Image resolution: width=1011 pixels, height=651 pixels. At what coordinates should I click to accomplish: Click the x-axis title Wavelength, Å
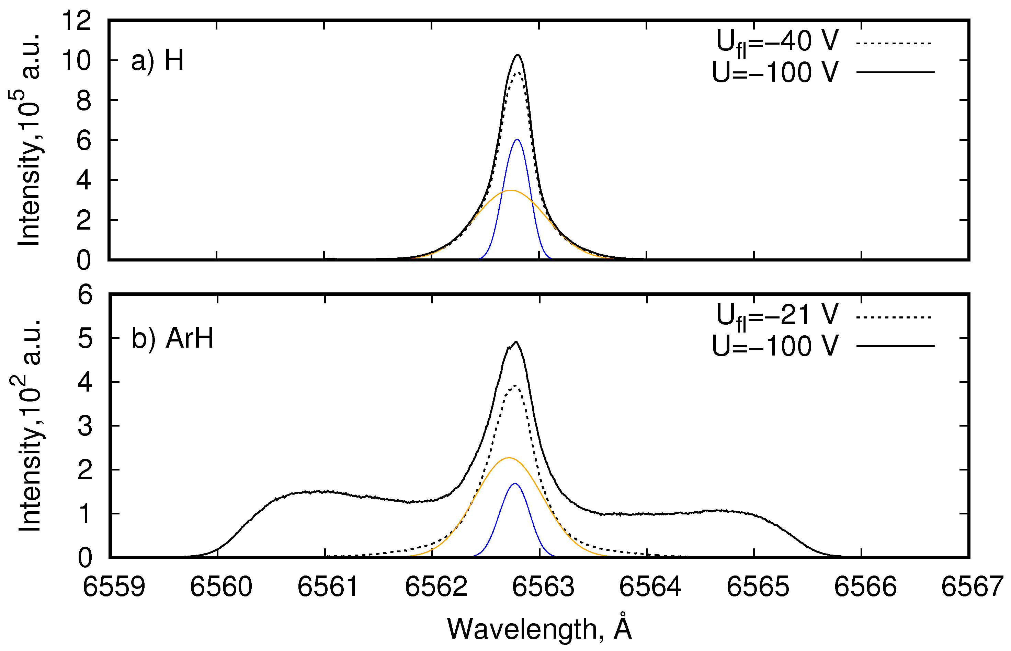click(539, 629)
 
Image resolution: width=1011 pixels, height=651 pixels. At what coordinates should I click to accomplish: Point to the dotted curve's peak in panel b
click(515, 385)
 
